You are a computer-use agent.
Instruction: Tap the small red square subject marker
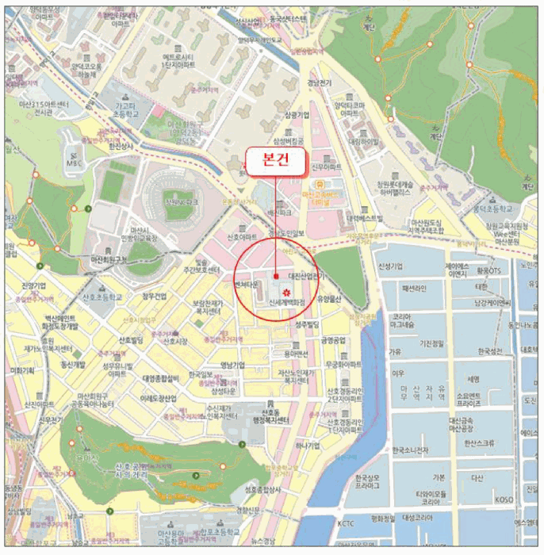[275, 277]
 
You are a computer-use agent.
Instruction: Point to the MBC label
[74, 163]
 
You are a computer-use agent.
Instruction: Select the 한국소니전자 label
[410, 450]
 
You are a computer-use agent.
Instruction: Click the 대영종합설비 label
[150, 379]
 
